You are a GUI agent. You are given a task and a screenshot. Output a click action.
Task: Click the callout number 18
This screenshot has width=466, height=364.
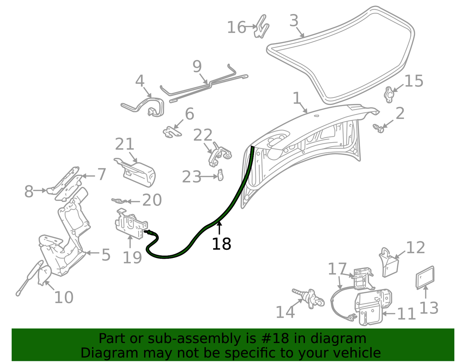pyautogui.click(x=221, y=244)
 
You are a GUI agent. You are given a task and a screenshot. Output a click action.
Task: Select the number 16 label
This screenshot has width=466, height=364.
pyautogui.click(x=236, y=27)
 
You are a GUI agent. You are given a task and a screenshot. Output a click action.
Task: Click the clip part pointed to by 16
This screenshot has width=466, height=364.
pyautogui.click(x=261, y=26)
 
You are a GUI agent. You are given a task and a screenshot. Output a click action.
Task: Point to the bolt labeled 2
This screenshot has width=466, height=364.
pyautogui.click(x=379, y=128)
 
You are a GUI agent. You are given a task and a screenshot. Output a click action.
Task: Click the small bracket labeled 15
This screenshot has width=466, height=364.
pyautogui.click(x=389, y=94)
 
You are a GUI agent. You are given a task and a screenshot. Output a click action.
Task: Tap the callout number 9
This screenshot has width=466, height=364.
pyautogui.click(x=197, y=66)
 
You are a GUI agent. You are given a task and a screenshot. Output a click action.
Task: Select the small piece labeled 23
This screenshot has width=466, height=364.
pyautogui.click(x=220, y=175)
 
